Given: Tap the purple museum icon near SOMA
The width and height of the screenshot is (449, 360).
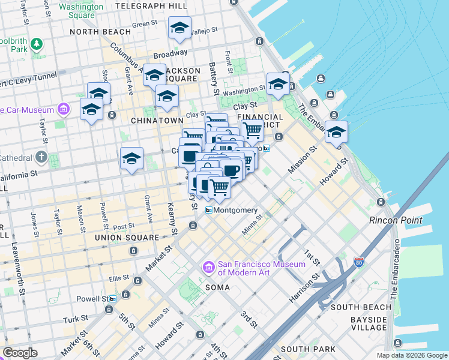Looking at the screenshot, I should [208, 266].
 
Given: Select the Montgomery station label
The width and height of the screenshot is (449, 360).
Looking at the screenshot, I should [236, 211].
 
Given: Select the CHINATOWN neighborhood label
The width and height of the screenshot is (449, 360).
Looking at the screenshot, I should [156, 121].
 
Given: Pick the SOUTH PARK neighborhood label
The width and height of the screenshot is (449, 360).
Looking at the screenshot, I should [303, 349].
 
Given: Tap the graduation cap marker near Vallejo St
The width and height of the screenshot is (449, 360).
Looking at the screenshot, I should [179, 28].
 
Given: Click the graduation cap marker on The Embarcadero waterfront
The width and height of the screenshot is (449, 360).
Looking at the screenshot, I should [336, 131].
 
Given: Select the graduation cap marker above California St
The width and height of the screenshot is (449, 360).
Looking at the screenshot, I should [131, 158].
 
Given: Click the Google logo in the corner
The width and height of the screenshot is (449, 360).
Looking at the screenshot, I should [20, 352].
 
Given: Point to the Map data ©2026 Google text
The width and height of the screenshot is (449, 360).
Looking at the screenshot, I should [412, 355].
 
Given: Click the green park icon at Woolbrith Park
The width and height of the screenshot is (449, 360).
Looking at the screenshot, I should [37, 44].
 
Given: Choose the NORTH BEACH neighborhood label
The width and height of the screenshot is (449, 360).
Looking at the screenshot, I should [100, 32].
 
